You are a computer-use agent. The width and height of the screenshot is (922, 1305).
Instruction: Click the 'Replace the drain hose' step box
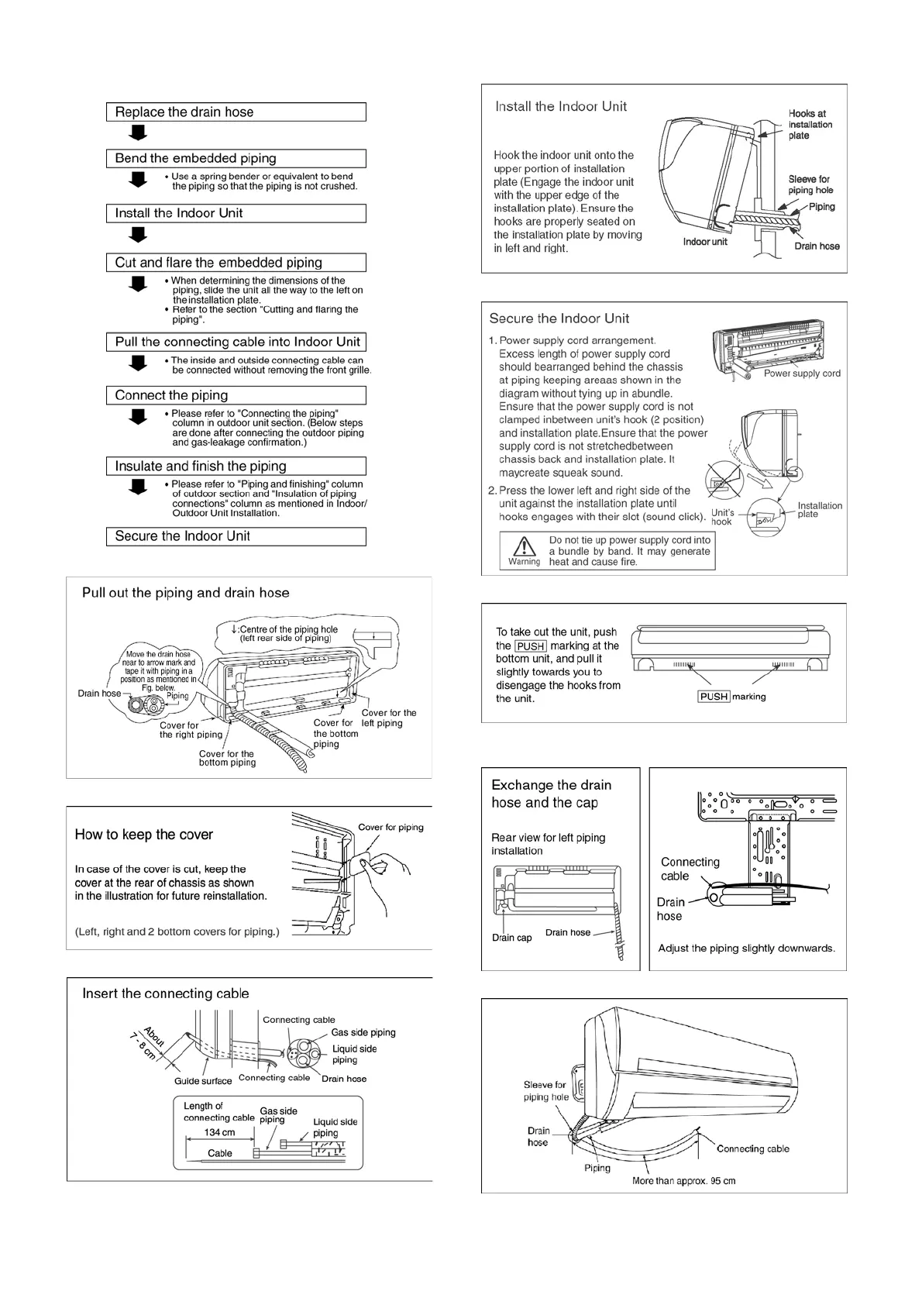236,112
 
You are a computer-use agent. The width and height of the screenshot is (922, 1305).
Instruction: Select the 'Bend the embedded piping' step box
236,159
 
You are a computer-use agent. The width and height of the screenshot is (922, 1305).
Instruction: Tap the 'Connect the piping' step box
236,395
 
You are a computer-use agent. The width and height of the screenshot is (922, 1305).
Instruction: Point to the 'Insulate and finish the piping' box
236,467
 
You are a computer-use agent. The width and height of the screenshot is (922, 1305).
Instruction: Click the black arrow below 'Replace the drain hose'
138,133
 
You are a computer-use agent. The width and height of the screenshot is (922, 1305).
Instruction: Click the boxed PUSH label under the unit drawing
714,697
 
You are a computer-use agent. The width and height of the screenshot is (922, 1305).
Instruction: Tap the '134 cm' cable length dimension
219,1133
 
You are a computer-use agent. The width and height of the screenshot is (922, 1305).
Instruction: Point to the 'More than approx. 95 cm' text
683,1181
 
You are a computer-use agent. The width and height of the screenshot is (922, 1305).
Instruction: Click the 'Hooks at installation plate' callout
810,125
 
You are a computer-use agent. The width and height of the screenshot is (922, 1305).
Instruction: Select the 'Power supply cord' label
802,374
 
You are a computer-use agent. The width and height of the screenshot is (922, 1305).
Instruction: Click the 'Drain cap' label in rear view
511,938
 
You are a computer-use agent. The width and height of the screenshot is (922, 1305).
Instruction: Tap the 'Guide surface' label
203,1081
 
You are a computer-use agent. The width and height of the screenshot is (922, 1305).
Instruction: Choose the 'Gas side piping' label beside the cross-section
363,1032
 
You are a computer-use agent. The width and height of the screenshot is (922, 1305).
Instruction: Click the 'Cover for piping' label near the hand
390,828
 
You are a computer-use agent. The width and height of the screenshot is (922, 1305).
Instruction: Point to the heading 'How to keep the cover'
143,835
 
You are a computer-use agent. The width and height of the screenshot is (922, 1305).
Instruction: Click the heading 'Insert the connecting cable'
166,993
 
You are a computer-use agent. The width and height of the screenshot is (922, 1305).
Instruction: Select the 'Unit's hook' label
722,518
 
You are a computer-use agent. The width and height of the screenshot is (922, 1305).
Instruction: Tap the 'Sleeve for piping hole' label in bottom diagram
545,1091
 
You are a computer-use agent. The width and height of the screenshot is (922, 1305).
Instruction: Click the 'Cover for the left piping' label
388,718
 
